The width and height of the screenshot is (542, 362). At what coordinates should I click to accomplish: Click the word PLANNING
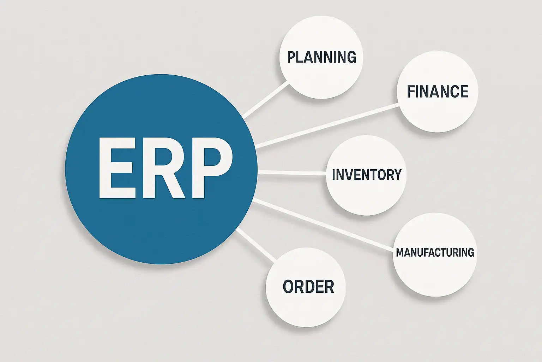pos(321,57)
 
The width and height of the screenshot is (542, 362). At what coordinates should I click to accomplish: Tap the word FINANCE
pos(438,92)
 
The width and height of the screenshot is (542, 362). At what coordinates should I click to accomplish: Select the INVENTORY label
pos(367,175)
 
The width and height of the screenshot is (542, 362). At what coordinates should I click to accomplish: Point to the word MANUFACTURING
pos(435,252)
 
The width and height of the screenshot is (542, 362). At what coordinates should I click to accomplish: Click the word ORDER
pos(308,286)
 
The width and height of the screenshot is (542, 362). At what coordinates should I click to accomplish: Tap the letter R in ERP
pos(164,168)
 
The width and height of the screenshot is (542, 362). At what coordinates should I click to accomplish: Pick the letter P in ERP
pos(212,168)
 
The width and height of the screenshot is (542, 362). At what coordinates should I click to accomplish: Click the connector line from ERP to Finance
pos(327,125)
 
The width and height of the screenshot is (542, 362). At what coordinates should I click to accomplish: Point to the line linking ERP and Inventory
pos(292,173)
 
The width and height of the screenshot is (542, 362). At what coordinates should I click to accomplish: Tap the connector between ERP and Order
pos(256,245)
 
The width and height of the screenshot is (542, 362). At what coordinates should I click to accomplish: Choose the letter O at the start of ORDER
pos(288,286)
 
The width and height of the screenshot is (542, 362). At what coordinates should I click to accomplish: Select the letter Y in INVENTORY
pos(397,175)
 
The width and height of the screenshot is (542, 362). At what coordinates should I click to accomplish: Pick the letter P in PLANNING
pos(291,57)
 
